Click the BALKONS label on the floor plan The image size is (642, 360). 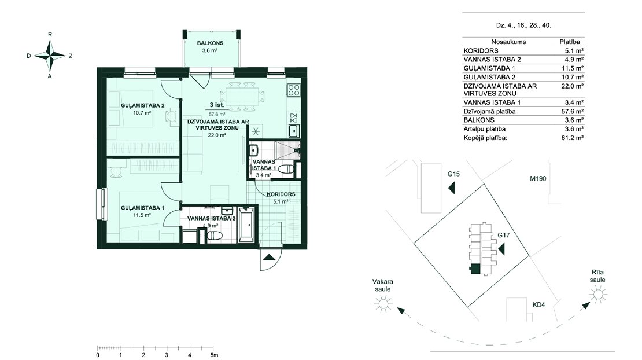pos(209,43)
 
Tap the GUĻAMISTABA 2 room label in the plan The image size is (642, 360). pos(142,106)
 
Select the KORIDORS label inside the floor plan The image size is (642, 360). pos(281,194)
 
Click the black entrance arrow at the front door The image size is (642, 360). pos(269,257)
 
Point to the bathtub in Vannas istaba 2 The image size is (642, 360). pos(246,225)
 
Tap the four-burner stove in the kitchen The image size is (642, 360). pos(294,90)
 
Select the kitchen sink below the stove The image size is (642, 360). pos(294,131)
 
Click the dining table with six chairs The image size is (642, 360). pos(242,97)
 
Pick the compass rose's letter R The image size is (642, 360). pos(50,35)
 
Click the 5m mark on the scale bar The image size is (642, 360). pos(214,355)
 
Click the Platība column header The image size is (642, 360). pos(570,42)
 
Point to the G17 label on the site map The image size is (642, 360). pos(504,235)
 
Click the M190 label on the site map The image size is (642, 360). pos(538,179)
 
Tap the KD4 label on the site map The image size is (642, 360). pos(538,304)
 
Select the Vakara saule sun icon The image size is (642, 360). pos(383,304)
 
